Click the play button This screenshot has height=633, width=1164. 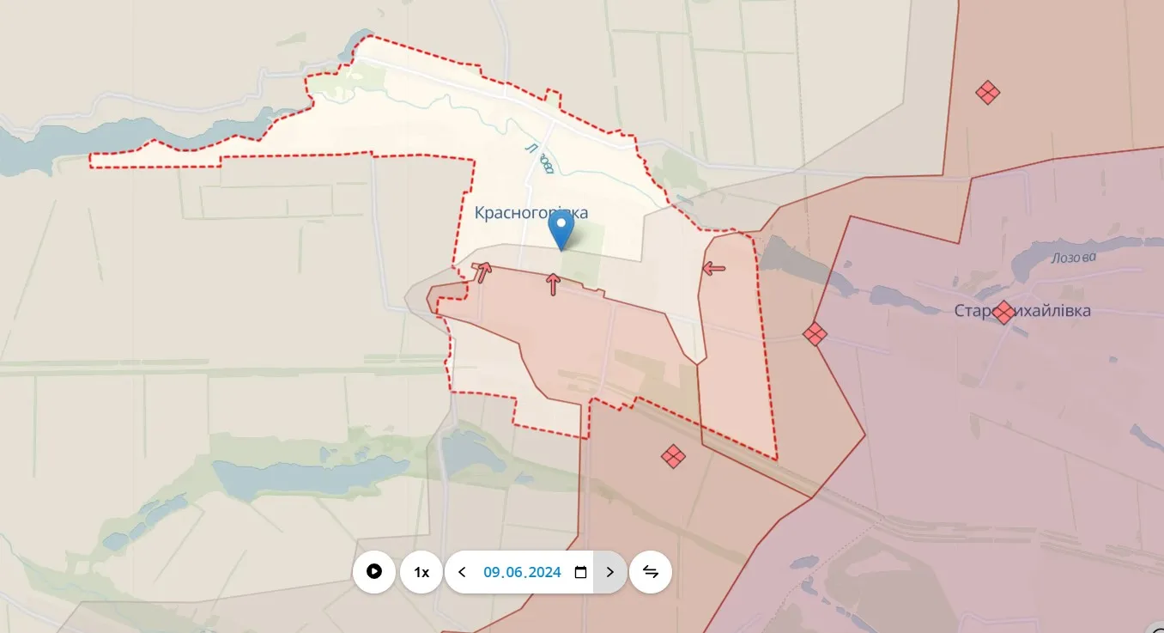coord(374,572)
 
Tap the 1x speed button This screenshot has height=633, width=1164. coord(421,572)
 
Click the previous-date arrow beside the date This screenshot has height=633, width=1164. coord(462,572)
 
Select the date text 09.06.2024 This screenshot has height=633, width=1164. coord(522,572)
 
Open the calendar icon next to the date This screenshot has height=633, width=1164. coord(580,572)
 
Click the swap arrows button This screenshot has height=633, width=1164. coord(651,572)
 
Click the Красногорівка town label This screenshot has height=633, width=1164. coord(531,212)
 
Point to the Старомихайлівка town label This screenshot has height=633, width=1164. coord(1022,311)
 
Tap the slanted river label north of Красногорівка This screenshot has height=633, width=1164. coord(538,158)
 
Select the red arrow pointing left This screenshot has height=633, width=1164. coord(713,269)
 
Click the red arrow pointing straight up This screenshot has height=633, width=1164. coord(553,283)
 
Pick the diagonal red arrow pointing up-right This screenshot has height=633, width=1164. coord(484,271)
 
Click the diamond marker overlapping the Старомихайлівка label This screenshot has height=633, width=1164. coord(1003,312)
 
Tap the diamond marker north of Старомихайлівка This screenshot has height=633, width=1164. coord(988,92)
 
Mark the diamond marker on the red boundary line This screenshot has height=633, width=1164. coord(815,333)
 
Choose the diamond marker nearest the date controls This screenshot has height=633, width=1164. coord(673,456)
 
